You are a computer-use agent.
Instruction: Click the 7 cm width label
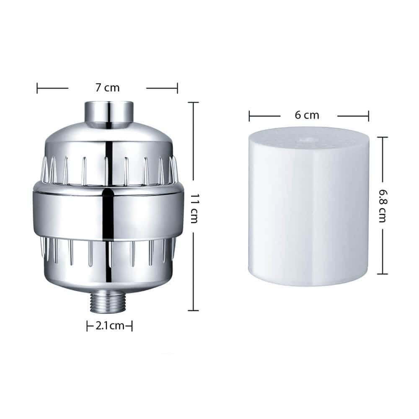point(108,88)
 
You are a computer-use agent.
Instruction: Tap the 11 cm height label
point(194,208)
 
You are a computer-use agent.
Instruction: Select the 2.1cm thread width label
point(110,326)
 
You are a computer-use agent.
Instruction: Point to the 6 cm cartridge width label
point(307,115)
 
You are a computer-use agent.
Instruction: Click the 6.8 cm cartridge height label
point(383,206)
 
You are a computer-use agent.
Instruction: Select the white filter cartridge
point(309,206)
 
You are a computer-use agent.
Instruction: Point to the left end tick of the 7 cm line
point(37,88)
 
